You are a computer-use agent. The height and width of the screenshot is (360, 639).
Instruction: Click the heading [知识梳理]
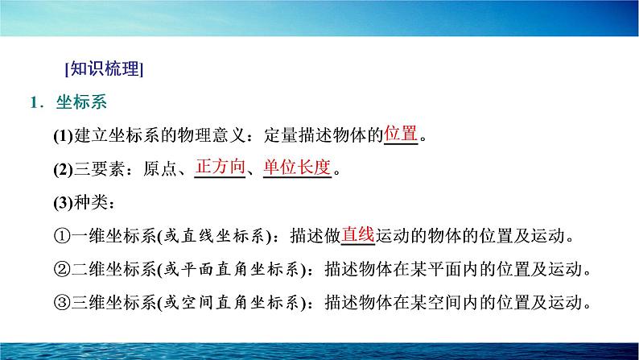click(x=105, y=68)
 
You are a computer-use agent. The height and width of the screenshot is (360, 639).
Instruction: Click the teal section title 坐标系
click(x=81, y=102)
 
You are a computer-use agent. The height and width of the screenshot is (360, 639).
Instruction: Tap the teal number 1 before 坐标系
click(x=34, y=102)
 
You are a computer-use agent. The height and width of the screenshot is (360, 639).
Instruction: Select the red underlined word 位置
click(x=401, y=134)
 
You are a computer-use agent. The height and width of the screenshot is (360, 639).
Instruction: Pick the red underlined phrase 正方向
click(x=220, y=168)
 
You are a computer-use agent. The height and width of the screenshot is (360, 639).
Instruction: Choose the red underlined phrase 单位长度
click(x=297, y=168)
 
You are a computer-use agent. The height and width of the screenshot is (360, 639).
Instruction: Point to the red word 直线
click(x=358, y=234)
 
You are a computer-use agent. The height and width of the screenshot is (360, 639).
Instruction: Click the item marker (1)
click(x=63, y=135)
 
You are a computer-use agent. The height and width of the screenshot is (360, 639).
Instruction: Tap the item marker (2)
click(x=63, y=169)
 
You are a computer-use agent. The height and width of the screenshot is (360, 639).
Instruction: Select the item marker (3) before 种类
click(x=63, y=202)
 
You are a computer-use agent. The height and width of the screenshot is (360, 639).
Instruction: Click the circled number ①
click(x=62, y=236)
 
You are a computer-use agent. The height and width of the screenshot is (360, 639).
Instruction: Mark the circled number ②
click(x=62, y=269)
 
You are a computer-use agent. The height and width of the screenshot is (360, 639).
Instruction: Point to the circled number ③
click(x=62, y=303)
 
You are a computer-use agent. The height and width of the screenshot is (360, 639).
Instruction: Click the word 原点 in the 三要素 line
click(x=159, y=169)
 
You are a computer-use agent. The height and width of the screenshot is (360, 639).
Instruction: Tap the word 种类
click(x=91, y=202)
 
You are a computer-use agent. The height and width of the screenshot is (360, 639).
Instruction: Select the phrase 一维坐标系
click(x=114, y=236)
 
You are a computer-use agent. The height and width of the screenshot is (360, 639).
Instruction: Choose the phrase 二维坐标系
click(x=114, y=269)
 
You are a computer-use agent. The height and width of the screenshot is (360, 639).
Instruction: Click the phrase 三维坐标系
click(x=114, y=303)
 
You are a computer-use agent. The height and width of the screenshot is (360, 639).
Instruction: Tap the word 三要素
click(x=100, y=169)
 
